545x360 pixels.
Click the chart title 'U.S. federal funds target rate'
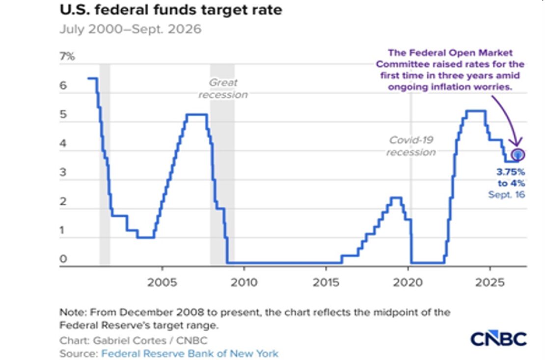171,10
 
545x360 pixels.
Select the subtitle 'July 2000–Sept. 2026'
130,29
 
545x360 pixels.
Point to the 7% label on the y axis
67,56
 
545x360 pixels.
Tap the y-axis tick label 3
63,172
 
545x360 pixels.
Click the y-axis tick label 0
63,259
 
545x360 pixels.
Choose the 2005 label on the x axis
162,282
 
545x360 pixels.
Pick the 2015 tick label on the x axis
326,282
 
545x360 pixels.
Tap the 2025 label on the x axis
490,282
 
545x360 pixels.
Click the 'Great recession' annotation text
223,89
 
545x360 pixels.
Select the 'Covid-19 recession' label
411,146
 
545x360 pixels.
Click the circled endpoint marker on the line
518,154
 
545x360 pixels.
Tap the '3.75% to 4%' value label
511,177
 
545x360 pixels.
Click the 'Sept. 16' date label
506,194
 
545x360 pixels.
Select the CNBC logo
499,338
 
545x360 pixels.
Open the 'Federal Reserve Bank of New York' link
190,354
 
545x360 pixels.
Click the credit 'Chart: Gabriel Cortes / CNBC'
134,340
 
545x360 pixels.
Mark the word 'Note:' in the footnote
73,312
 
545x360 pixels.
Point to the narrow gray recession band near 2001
105,164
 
